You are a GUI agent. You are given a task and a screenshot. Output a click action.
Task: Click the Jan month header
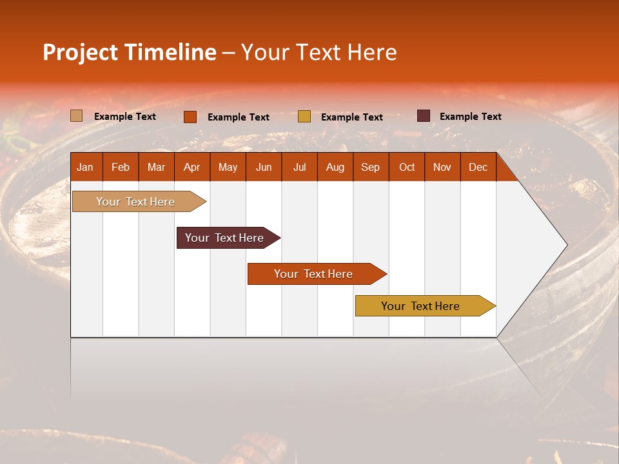[x=85, y=167]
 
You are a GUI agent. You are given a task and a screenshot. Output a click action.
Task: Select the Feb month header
[x=121, y=167]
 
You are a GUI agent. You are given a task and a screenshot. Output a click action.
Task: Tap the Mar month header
[x=156, y=167]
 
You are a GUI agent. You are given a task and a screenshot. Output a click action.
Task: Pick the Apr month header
[x=192, y=167]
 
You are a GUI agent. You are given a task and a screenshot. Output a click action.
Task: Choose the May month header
[x=228, y=167]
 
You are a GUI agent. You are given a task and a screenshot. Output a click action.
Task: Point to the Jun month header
[x=264, y=167]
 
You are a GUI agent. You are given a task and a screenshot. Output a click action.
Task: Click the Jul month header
[x=299, y=167]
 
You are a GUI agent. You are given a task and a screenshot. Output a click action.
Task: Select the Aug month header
[x=335, y=167]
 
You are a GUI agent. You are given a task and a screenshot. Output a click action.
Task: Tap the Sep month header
[x=370, y=167]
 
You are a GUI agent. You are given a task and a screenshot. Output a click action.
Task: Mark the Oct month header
[x=407, y=167]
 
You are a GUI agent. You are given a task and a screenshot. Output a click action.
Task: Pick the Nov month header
[x=442, y=167]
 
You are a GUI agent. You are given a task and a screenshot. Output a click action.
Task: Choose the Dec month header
[x=478, y=167]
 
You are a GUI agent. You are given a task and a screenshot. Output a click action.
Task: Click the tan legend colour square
[x=77, y=116]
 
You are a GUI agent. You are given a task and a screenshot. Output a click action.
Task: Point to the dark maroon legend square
[x=424, y=116]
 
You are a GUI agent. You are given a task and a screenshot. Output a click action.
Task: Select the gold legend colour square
[x=304, y=117]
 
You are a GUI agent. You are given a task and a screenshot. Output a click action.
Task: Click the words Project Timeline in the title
[x=130, y=52]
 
